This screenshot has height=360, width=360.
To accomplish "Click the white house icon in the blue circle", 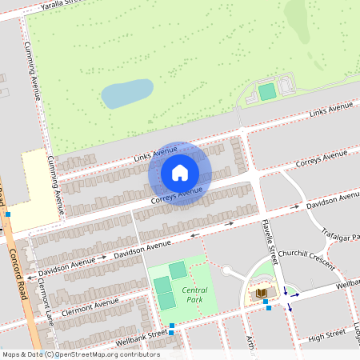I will (180, 172).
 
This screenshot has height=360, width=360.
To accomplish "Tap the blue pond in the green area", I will (127, 93).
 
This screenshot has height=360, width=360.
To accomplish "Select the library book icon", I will (261, 295).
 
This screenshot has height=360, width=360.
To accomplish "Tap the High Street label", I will (326, 334).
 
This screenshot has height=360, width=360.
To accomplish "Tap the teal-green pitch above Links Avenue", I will (267, 91).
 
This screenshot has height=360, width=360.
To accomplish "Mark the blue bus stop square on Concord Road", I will (8, 214).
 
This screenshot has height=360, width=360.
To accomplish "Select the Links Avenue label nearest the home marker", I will (155, 152).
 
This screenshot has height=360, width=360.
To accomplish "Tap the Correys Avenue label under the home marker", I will (176, 196).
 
